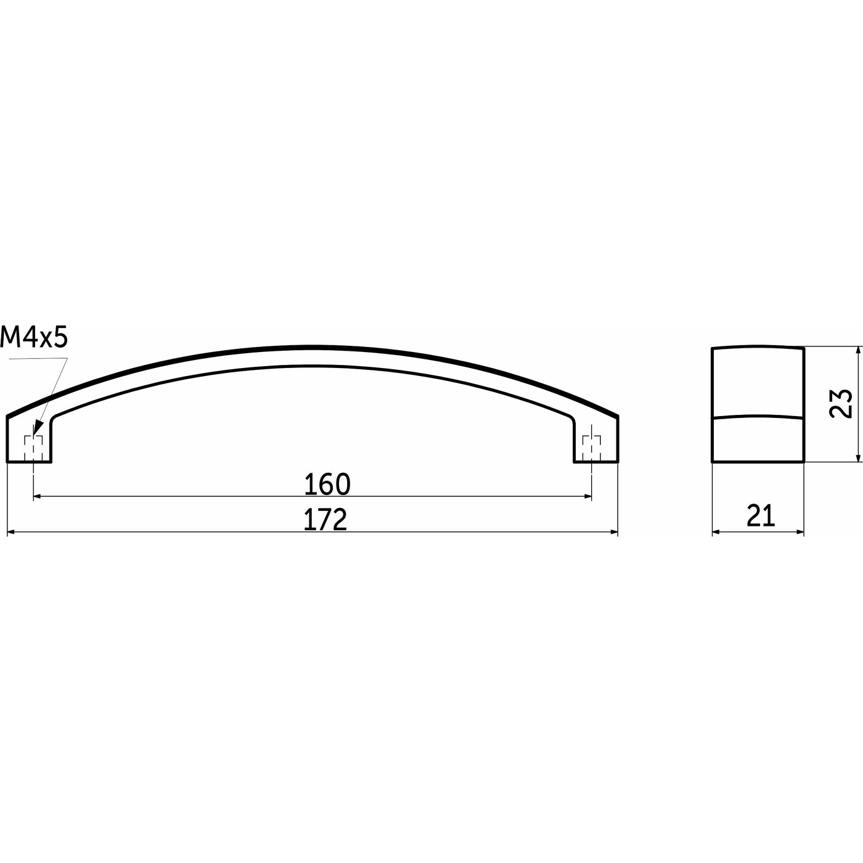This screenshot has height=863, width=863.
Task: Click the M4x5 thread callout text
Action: pos(34,338)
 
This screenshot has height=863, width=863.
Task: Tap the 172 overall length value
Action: pos(325,520)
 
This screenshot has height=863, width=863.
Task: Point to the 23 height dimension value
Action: pos(840,404)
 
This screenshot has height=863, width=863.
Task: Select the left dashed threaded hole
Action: pos(33,448)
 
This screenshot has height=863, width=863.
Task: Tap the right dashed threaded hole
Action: pos(592,448)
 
